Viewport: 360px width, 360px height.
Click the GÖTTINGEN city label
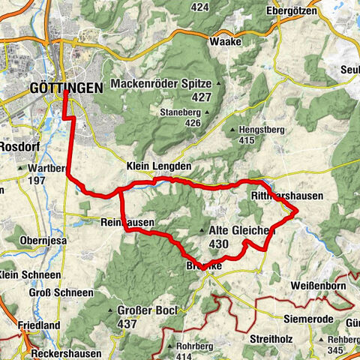pos(67,88)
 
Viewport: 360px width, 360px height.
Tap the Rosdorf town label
pos(16,145)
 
